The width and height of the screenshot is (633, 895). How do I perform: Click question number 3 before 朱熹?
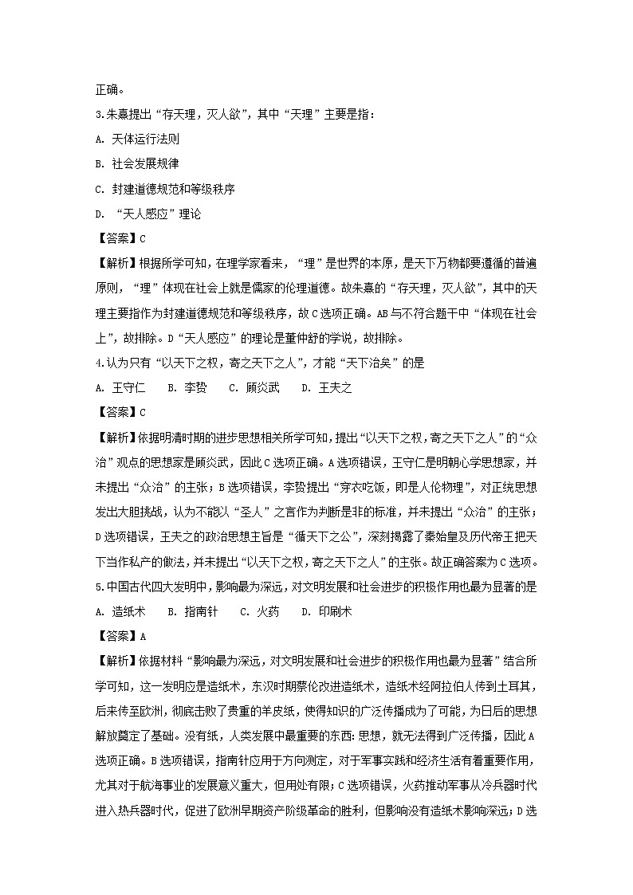click(x=97, y=114)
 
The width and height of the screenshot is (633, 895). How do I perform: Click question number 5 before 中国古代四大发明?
click(x=97, y=587)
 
